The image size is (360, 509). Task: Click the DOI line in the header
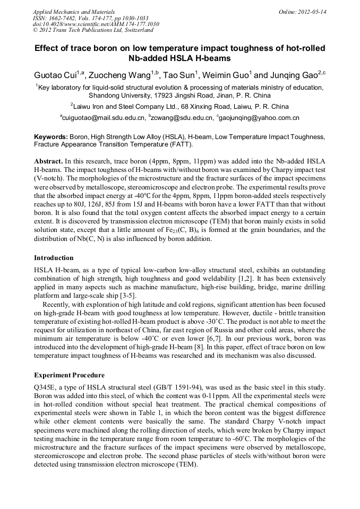tap(96, 24)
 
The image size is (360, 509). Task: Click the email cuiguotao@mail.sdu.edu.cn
tap(103, 118)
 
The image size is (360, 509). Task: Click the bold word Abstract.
tap(48, 161)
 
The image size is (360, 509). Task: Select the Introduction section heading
tap(54, 258)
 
